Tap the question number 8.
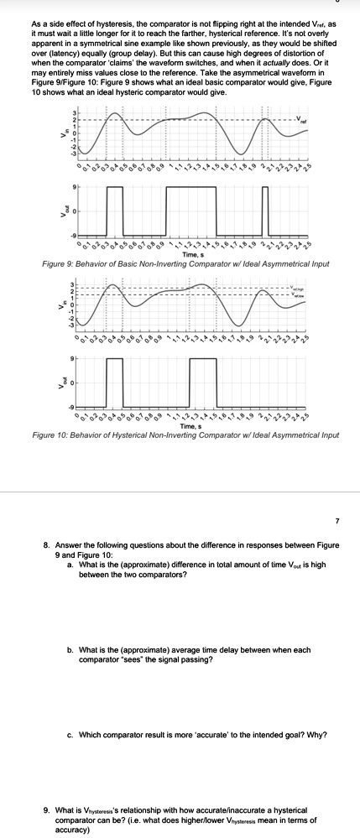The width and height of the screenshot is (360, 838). click(47, 544)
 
